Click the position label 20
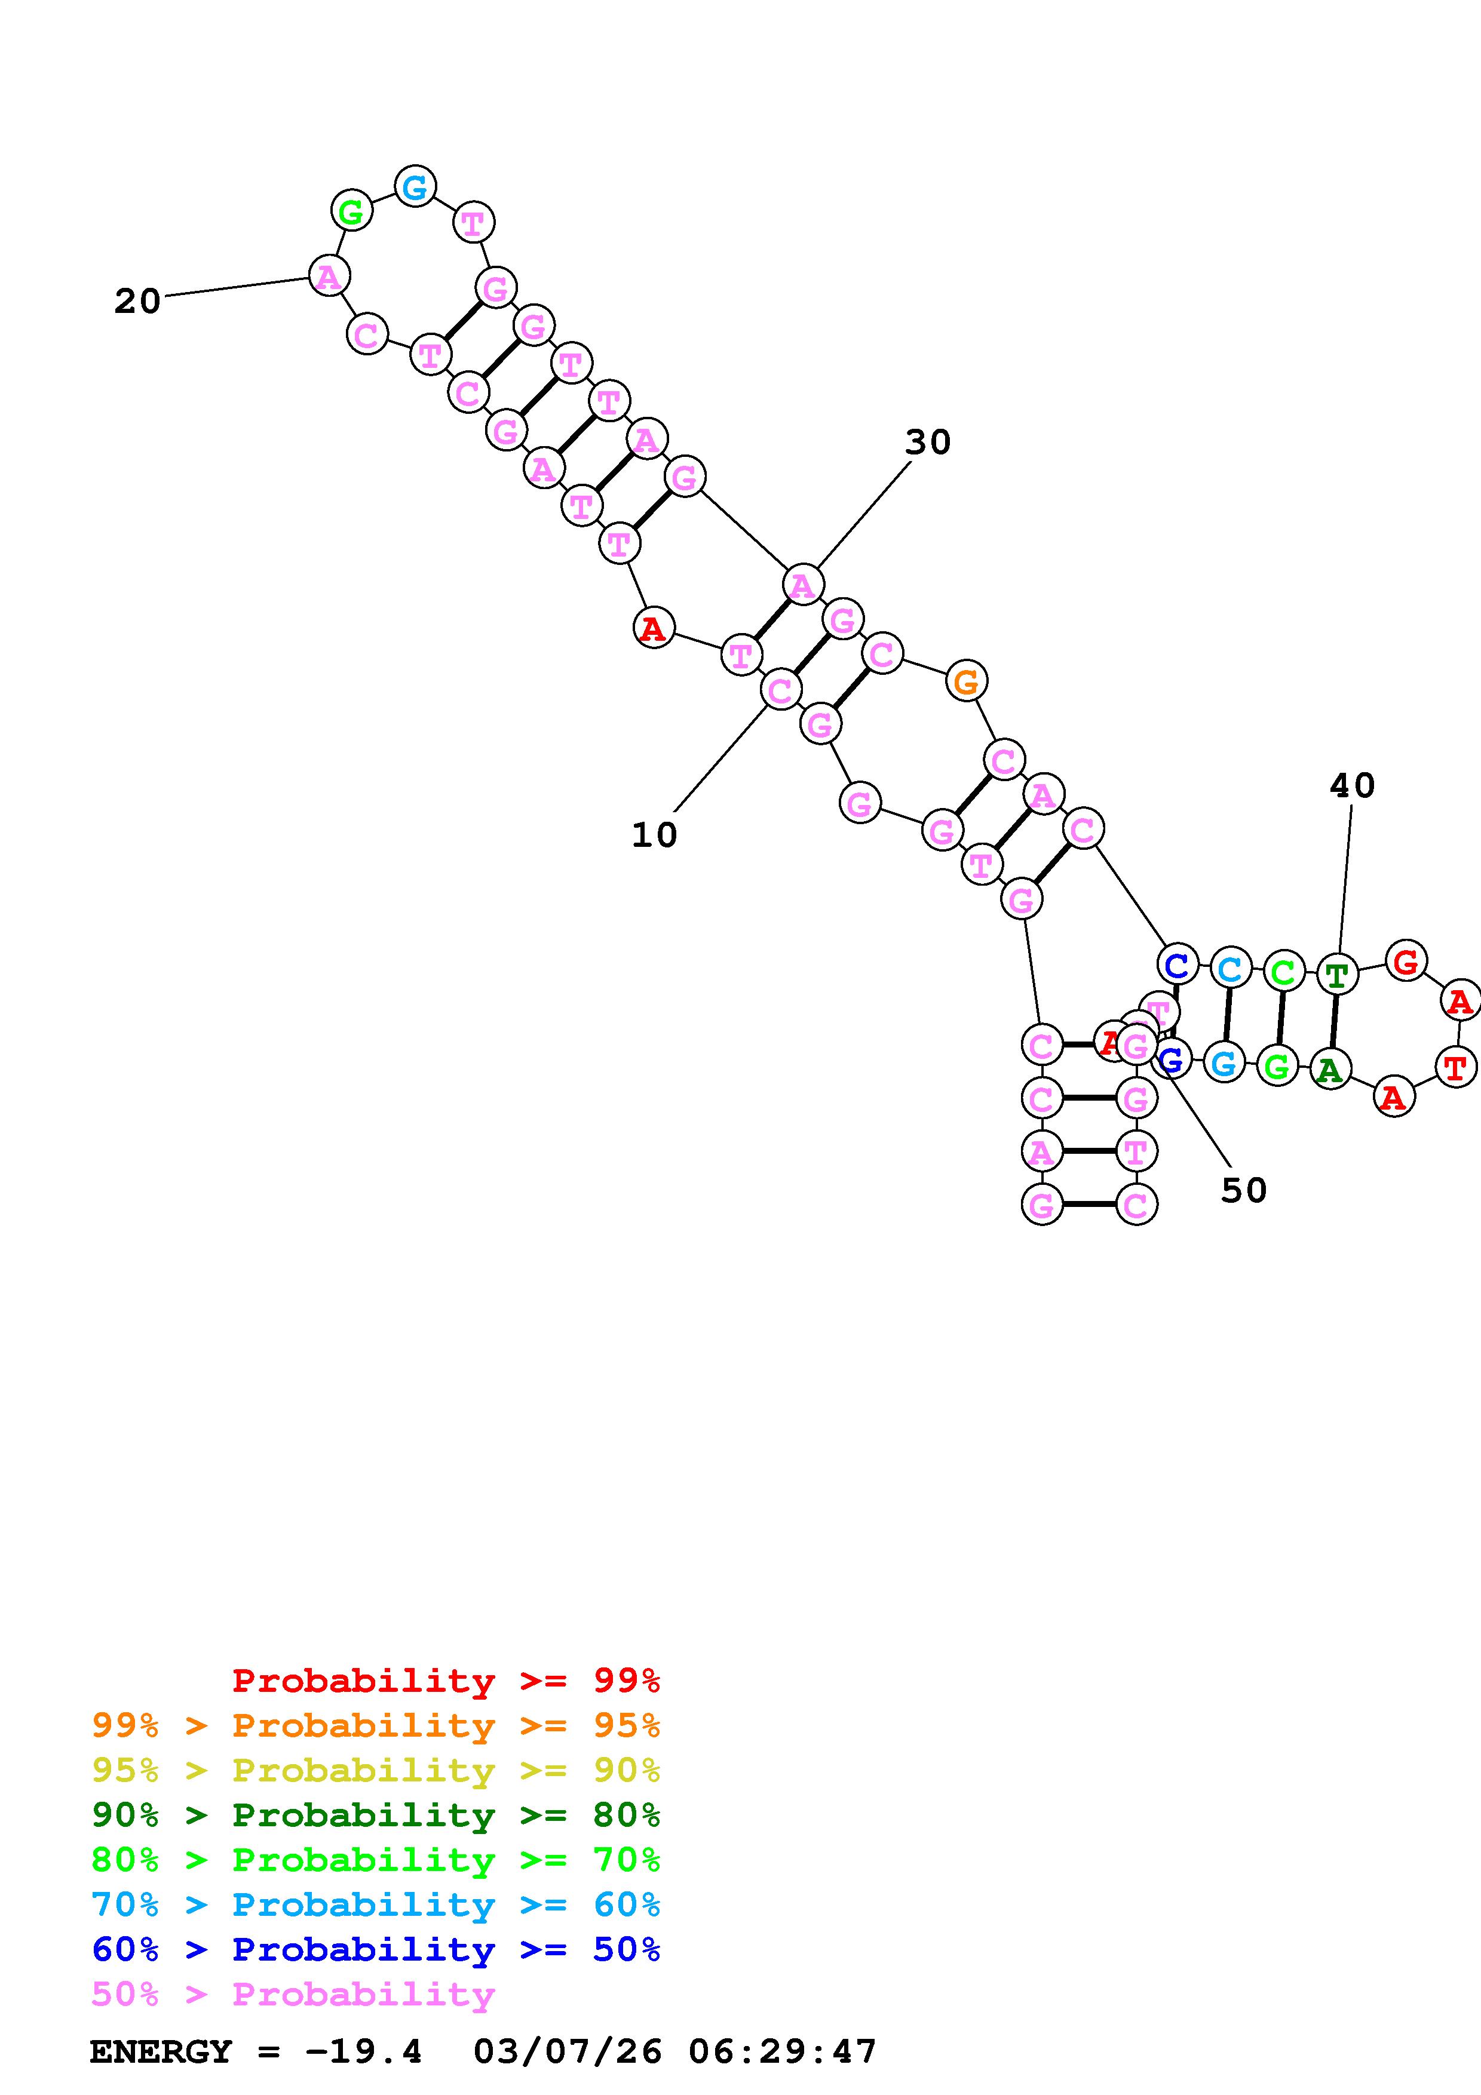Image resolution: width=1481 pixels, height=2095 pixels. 137,301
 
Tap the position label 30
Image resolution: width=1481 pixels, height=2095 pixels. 927,443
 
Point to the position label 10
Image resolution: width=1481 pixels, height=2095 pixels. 654,835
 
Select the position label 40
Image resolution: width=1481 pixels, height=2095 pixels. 1351,786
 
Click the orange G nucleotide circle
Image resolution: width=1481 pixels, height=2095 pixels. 965,681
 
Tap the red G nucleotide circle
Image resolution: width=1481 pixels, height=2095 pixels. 1406,961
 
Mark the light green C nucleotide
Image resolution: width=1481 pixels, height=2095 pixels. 1283,972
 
